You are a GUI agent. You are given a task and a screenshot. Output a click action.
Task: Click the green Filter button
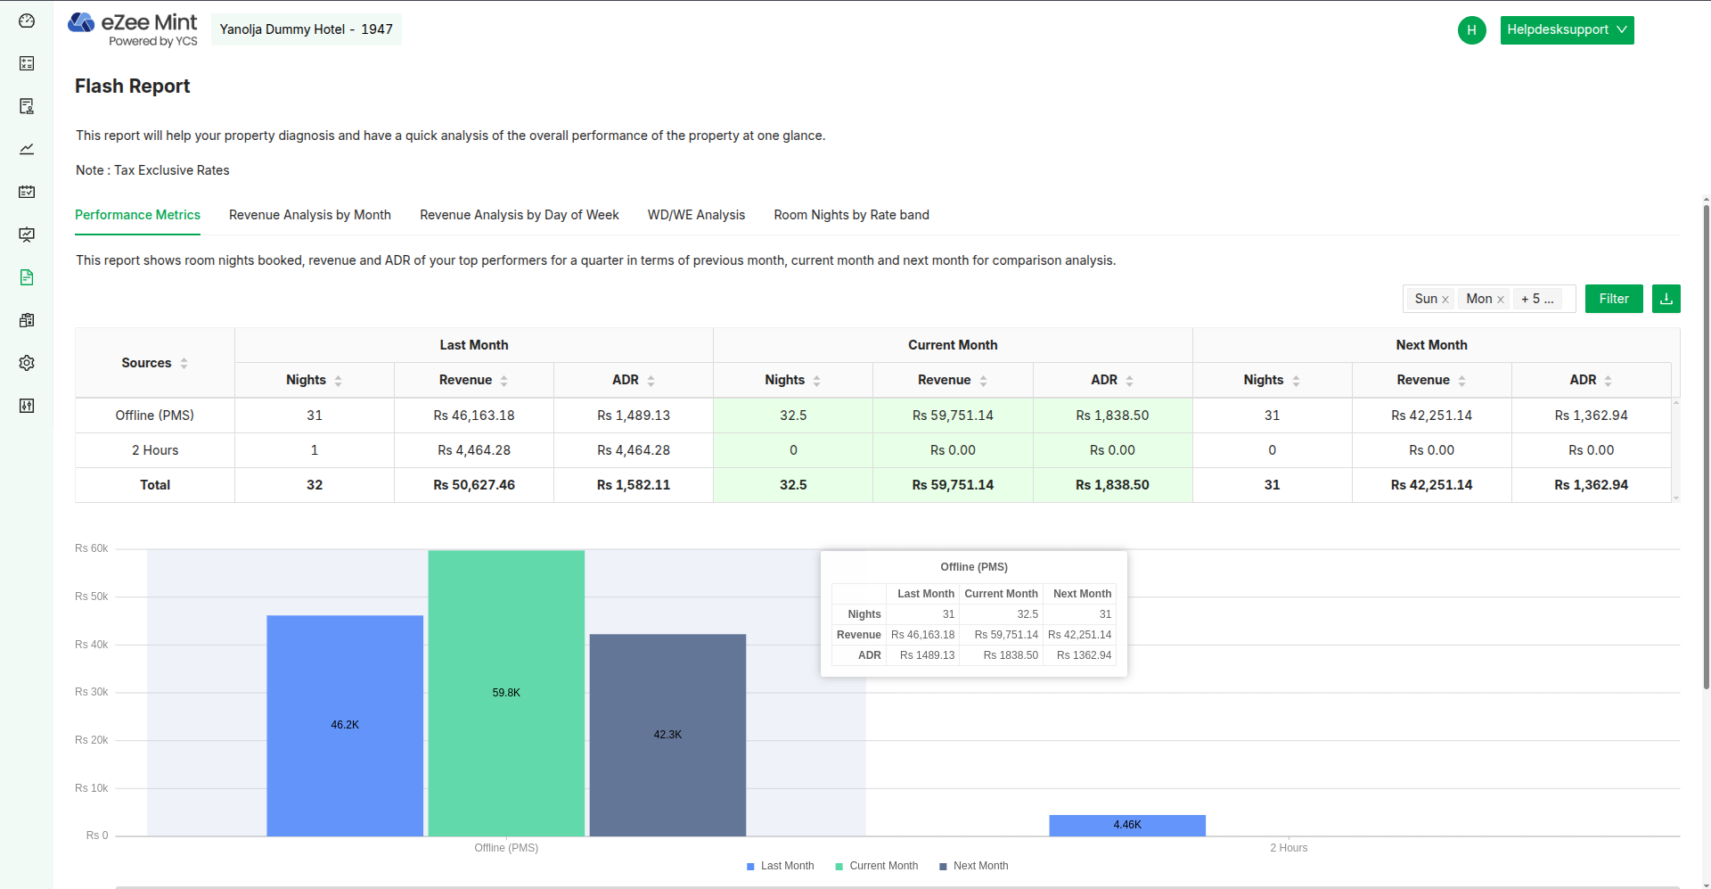pyautogui.click(x=1613, y=299)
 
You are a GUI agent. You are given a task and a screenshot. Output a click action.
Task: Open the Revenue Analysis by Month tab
pyautogui.click(x=309, y=215)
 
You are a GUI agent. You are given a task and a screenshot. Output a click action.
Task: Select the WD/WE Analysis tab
pyautogui.click(x=696, y=215)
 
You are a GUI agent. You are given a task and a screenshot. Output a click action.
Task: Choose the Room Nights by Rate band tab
pyautogui.click(x=851, y=215)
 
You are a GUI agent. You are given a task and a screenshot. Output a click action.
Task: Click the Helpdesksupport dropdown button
pyautogui.click(x=1566, y=29)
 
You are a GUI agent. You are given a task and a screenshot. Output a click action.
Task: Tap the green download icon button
pyautogui.click(x=1666, y=299)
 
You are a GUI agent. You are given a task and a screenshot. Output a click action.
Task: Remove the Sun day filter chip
pyautogui.click(x=1445, y=300)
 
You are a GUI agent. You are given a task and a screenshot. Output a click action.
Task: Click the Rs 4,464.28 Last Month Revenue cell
pyautogui.click(x=474, y=450)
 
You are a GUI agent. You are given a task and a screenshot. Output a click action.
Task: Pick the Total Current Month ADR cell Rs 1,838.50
pyautogui.click(x=1112, y=485)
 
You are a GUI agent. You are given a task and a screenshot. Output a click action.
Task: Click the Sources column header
pyautogui.click(x=147, y=363)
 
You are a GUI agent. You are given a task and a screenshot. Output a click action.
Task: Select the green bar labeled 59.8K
pyautogui.click(x=506, y=693)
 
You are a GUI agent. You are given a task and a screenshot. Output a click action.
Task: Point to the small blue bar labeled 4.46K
pyautogui.click(x=1126, y=825)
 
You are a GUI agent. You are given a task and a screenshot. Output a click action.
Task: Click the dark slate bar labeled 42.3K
pyautogui.click(x=667, y=735)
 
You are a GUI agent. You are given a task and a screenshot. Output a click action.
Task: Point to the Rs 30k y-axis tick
pyautogui.click(x=92, y=692)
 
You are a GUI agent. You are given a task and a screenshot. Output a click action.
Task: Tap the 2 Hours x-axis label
pyautogui.click(x=1289, y=848)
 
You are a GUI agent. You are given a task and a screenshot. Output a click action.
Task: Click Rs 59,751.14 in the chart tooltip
pyautogui.click(x=1006, y=635)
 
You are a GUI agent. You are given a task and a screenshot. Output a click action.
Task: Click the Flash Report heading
pyautogui.click(x=133, y=86)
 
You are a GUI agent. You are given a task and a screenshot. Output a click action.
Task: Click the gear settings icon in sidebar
pyautogui.click(x=27, y=363)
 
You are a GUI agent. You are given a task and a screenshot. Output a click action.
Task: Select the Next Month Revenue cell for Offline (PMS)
pyautogui.click(x=1431, y=416)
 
